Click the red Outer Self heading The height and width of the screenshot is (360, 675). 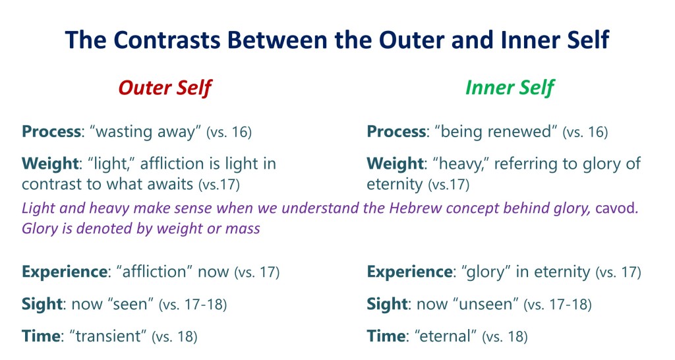click(x=165, y=88)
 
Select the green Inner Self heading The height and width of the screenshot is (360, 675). click(x=510, y=88)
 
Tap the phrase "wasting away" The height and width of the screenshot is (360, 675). click(x=145, y=132)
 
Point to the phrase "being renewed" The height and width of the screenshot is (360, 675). click(x=496, y=131)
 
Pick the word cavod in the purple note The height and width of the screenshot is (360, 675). click(x=616, y=208)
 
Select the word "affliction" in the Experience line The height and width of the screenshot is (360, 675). click(x=154, y=272)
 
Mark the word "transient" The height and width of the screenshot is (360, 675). click(x=107, y=336)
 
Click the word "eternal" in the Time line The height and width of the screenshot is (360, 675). click(x=445, y=336)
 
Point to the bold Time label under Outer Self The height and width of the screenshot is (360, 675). click(x=41, y=336)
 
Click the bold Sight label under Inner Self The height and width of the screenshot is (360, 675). click(x=387, y=305)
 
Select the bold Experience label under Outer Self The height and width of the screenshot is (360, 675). click(x=65, y=272)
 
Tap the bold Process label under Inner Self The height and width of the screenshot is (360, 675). click(x=396, y=131)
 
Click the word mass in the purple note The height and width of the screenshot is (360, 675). click(x=243, y=229)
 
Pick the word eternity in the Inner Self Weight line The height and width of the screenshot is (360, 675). click(x=395, y=185)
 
